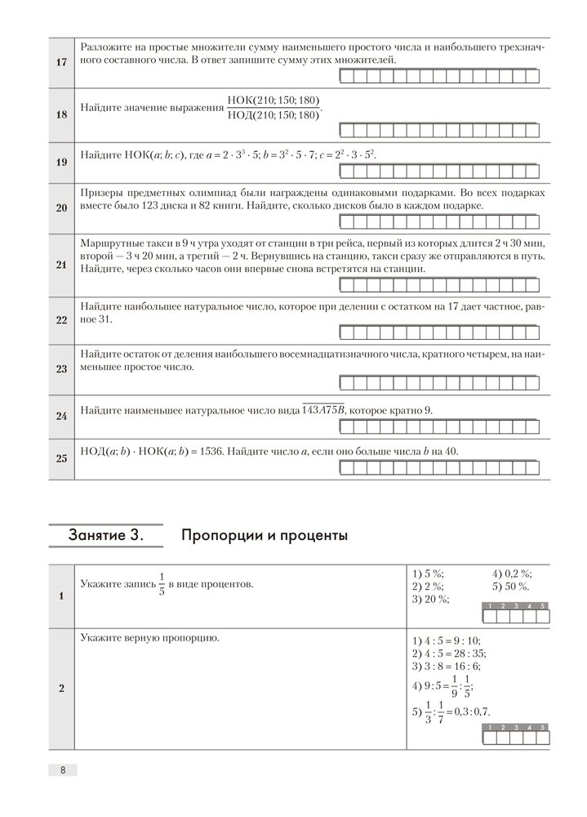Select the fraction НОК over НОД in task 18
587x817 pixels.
point(273,108)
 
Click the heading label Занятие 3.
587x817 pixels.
point(105,537)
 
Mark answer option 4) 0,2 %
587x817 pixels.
point(512,573)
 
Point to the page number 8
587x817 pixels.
point(62,770)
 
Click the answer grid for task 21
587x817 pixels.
point(438,285)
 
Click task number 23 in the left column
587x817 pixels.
point(60,368)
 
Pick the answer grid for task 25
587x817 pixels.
point(438,468)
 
